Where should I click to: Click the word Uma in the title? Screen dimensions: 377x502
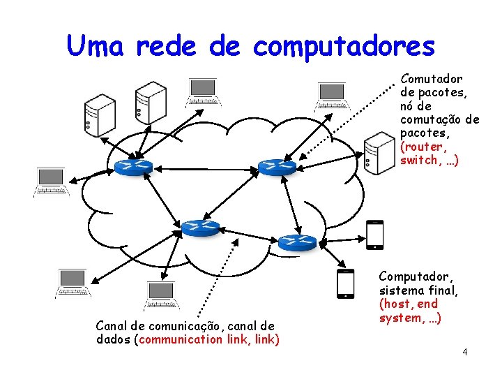(x=97, y=46)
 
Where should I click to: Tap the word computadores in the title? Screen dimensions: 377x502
(x=344, y=46)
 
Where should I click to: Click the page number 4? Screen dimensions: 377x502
(x=464, y=351)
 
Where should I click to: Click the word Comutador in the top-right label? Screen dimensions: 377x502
(x=432, y=80)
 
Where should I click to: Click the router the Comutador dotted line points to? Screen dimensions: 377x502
(x=277, y=166)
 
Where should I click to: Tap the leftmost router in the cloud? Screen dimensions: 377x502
(x=133, y=166)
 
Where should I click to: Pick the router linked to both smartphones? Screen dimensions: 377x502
(x=297, y=242)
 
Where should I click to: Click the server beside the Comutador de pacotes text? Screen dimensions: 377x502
(x=380, y=152)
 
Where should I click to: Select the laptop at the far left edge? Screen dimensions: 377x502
(x=51, y=182)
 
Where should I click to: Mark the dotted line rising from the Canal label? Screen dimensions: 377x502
(x=216, y=286)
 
